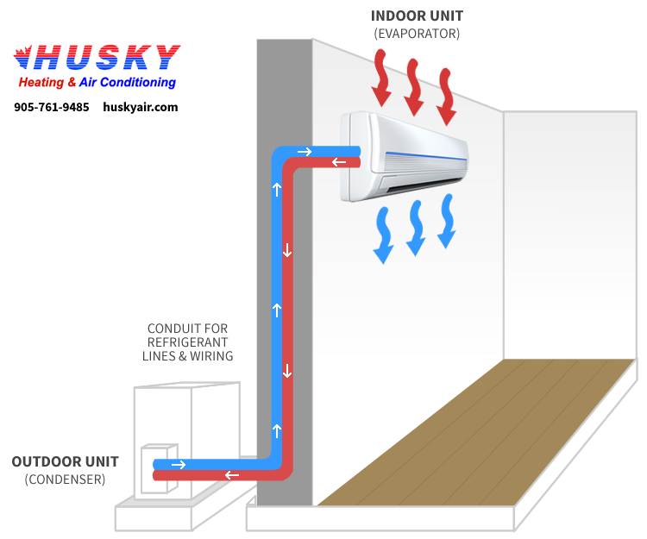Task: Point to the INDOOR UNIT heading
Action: tap(417, 16)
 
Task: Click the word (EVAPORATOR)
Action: tap(417, 34)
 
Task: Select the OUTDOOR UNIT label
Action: tap(60, 461)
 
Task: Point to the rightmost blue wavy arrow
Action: tap(447, 221)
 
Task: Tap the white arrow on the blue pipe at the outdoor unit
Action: tap(179, 465)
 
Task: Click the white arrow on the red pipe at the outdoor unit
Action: tap(232, 475)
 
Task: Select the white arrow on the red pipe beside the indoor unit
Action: tap(339, 162)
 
